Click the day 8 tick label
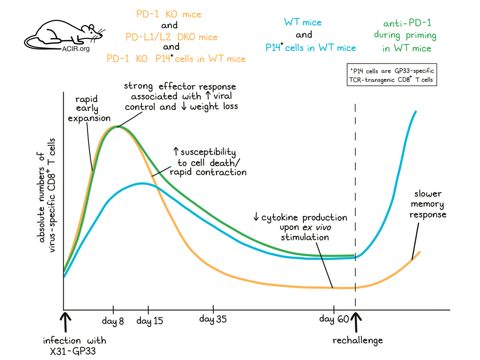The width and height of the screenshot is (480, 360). click(113, 321)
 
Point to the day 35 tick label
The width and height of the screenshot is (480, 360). click(213, 319)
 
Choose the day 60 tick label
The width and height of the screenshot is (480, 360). click(333, 319)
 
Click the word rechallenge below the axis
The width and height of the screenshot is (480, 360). click(358, 340)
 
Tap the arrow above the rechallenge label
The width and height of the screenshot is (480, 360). click(356, 322)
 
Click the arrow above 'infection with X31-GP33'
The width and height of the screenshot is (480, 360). click(66, 322)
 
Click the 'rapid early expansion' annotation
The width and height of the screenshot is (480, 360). click(89, 109)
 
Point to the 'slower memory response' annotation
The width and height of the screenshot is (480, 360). click(427, 204)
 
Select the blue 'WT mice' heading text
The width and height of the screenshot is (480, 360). click(303, 22)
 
